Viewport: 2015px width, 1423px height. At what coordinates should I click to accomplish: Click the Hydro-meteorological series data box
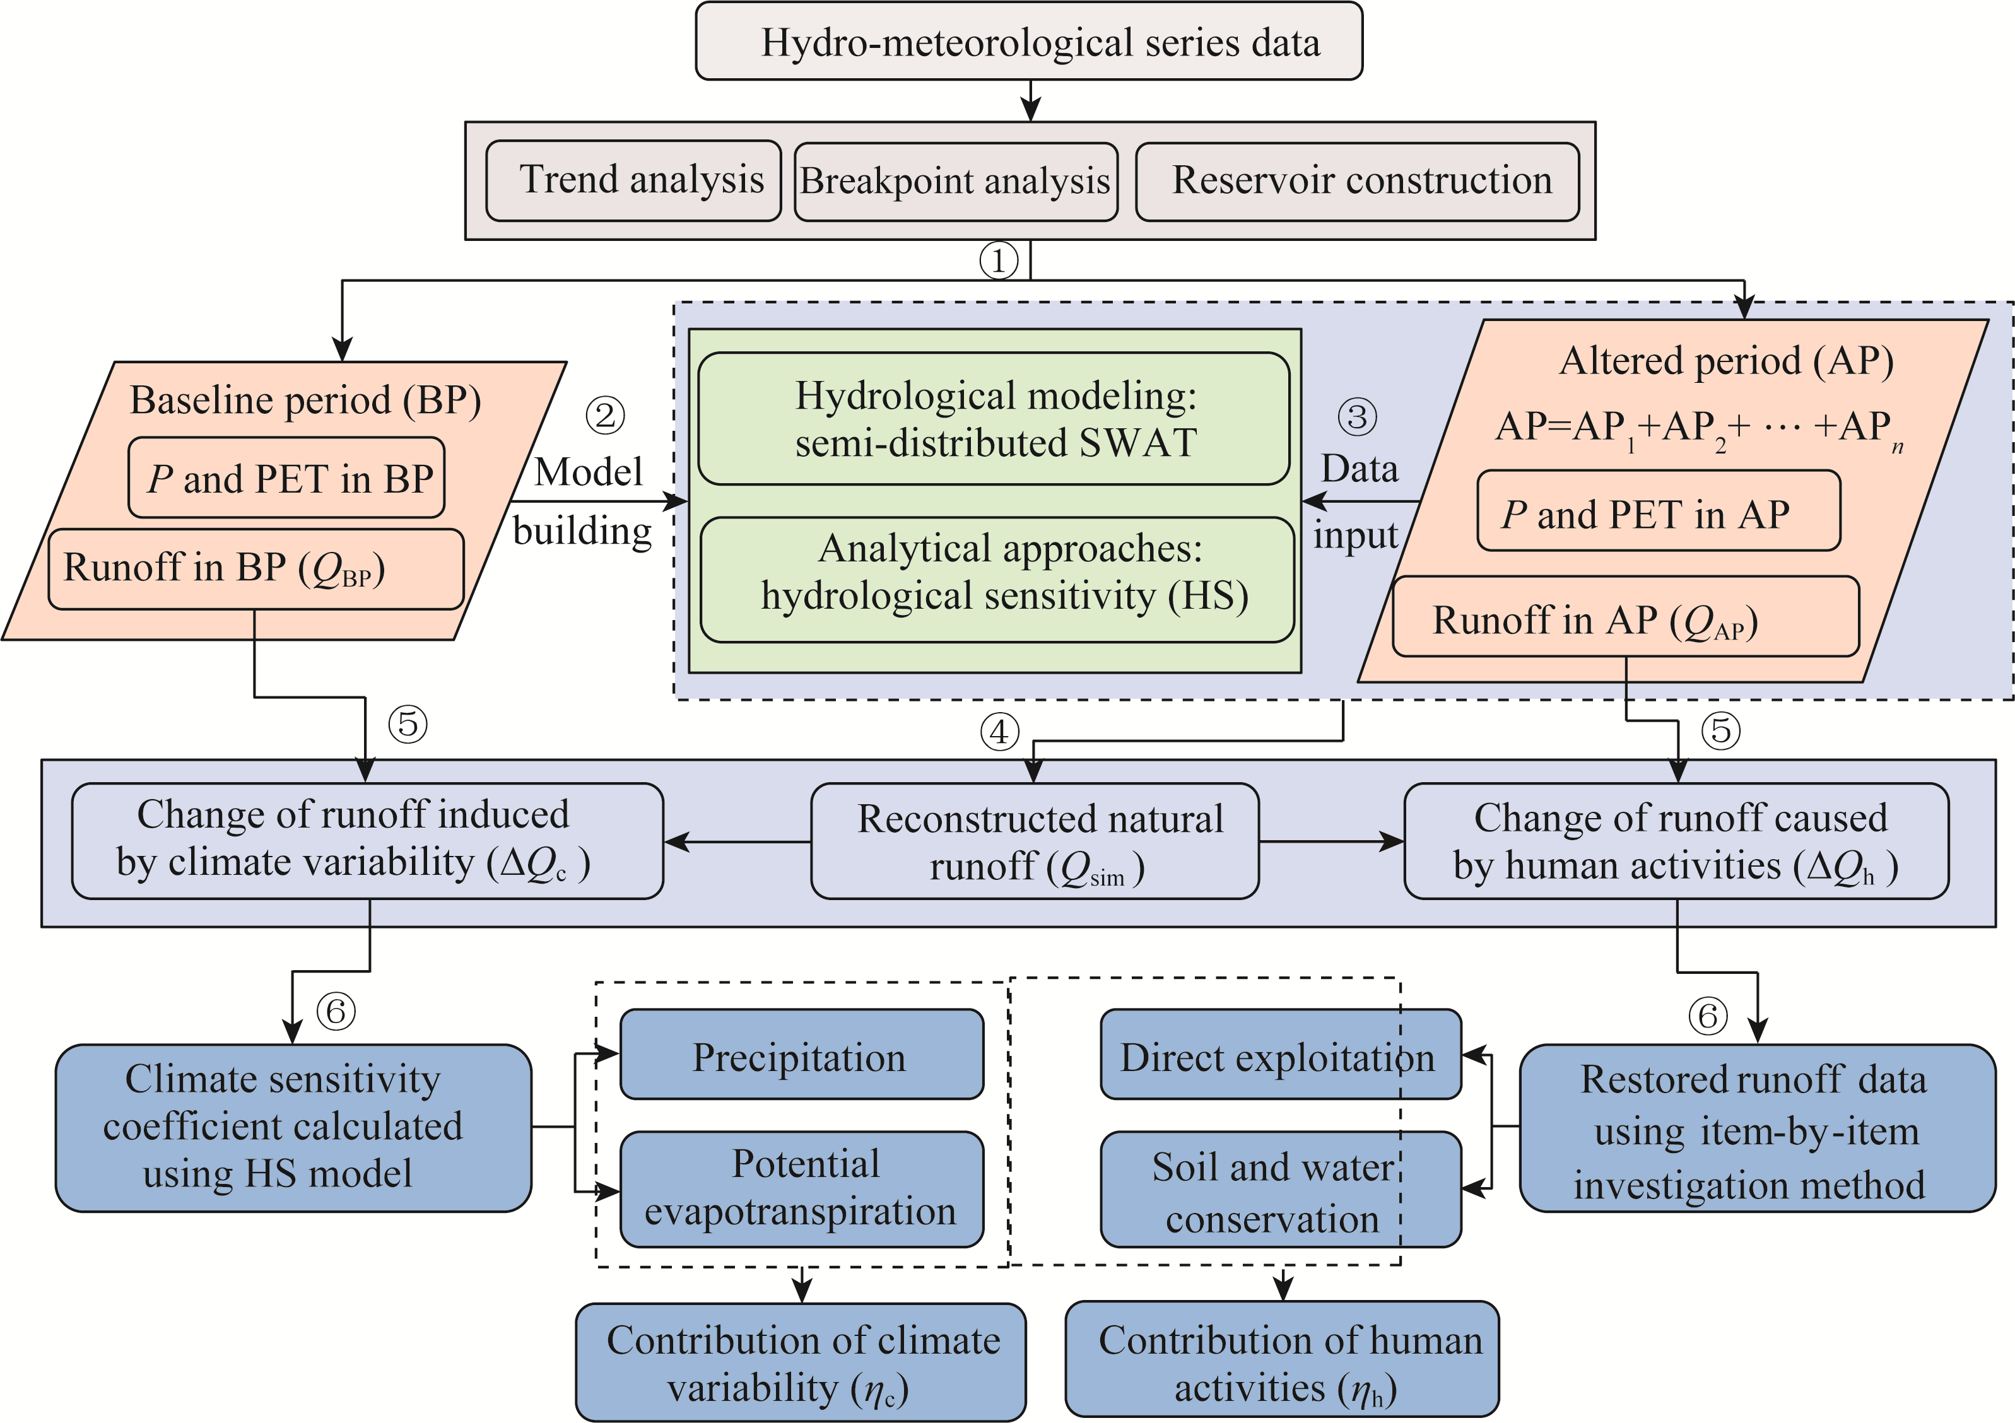(x=1028, y=41)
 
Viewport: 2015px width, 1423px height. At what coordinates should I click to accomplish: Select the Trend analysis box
(x=633, y=181)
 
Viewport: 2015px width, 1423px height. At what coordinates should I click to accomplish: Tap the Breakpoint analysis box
(x=956, y=182)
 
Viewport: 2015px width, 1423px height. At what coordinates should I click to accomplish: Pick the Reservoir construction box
(x=1357, y=182)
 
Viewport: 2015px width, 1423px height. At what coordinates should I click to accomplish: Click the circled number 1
(x=999, y=261)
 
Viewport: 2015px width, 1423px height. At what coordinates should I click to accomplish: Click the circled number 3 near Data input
(x=1357, y=417)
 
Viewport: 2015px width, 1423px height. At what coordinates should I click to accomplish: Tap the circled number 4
(x=999, y=732)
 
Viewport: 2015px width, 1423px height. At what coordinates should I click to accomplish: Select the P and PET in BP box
(x=286, y=478)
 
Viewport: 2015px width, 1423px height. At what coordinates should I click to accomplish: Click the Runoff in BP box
(x=256, y=568)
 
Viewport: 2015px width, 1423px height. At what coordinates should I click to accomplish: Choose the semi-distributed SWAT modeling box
(x=994, y=418)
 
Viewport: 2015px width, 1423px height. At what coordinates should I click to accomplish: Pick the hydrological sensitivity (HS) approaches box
(x=997, y=579)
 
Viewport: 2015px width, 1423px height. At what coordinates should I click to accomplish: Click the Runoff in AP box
(x=1625, y=616)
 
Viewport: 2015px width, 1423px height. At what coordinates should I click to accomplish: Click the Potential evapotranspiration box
(x=802, y=1190)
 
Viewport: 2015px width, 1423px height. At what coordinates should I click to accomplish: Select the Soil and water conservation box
(x=1281, y=1190)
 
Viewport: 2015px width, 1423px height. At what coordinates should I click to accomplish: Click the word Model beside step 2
(x=589, y=472)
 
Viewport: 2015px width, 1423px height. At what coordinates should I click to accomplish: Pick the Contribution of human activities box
(x=1282, y=1359)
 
